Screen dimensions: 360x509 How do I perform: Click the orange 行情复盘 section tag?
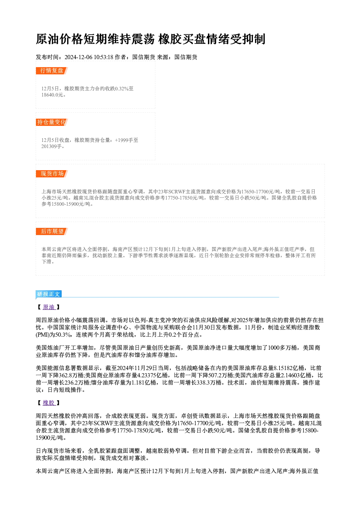[52, 71]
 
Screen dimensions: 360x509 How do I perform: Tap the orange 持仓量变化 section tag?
[52, 122]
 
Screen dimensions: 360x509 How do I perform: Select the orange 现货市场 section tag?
[52, 174]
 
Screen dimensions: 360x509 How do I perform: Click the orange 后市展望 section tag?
[52, 231]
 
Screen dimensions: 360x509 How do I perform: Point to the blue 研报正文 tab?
[49, 294]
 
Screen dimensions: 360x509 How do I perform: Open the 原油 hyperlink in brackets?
[49, 307]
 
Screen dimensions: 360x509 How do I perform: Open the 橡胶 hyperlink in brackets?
[49, 403]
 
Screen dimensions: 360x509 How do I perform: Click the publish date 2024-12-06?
[78, 57]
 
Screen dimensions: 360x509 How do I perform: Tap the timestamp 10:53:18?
[103, 57]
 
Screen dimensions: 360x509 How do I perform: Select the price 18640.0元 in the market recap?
[52, 95]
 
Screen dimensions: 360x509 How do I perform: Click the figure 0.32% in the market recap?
[122, 89]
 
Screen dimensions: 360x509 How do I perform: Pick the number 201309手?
[52, 147]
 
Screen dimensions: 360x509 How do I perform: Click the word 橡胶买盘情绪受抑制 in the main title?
[212, 39]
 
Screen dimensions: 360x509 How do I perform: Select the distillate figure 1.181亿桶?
[144, 383]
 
